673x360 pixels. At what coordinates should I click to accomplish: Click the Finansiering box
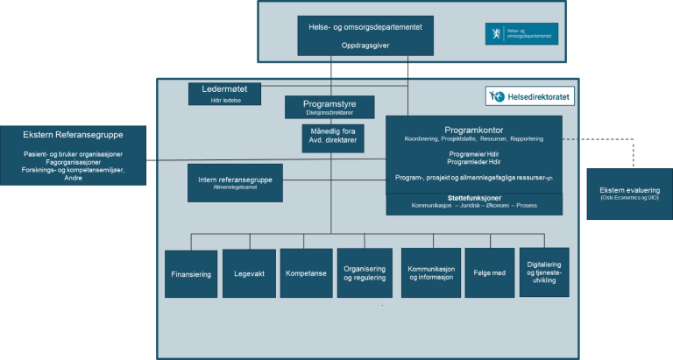click(x=191, y=274)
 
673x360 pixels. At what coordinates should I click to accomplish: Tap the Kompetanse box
click(x=306, y=274)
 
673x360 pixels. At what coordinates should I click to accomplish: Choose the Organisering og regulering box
click(x=365, y=274)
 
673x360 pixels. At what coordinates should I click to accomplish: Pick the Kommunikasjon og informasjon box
click(x=430, y=274)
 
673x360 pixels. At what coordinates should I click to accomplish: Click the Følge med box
click(x=488, y=274)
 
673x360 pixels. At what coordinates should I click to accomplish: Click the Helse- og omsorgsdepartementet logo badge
click(x=521, y=33)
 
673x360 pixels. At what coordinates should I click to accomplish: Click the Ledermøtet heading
click(x=225, y=88)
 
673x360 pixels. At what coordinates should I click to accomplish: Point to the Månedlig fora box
click(x=331, y=138)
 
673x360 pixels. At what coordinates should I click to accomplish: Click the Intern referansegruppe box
click(x=235, y=182)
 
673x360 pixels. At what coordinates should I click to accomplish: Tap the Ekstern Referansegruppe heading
click(x=74, y=135)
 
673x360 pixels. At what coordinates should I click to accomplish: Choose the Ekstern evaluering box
click(x=629, y=194)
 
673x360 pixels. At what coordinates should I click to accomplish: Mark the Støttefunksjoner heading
click(x=474, y=197)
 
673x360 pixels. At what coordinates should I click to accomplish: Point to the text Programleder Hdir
click(x=474, y=161)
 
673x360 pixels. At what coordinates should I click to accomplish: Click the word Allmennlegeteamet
click(x=235, y=187)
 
